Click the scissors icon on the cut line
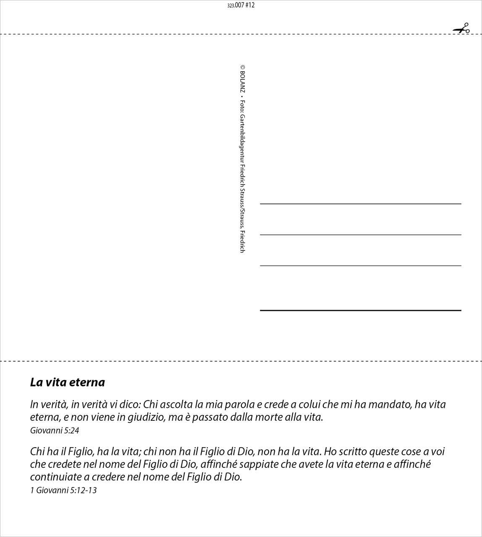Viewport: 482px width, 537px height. click(x=461, y=29)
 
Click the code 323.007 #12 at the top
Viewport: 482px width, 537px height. click(x=241, y=5)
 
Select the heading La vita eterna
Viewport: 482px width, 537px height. click(x=68, y=382)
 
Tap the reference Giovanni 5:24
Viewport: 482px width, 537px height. click(x=55, y=430)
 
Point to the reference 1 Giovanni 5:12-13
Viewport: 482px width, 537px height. click(x=63, y=490)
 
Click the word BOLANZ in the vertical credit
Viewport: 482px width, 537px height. click(x=243, y=81)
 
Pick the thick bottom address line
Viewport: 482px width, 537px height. click(x=360, y=310)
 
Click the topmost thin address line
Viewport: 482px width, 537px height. click(x=360, y=204)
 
